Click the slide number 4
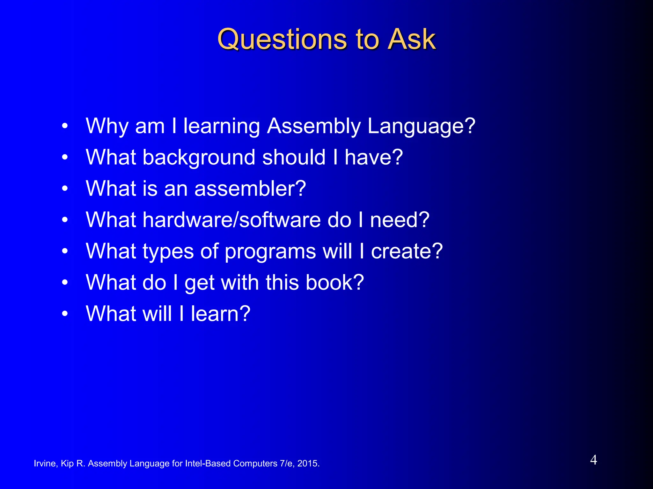pyautogui.click(x=593, y=460)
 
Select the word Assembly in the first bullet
pyautogui.click(x=314, y=126)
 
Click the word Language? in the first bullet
pyautogui.click(x=421, y=126)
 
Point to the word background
pyautogui.click(x=199, y=158)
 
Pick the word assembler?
pyautogui.click(x=250, y=188)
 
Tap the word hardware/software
pyautogui.click(x=231, y=220)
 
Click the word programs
pyautogui.click(x=270, y=252)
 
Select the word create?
pyautogui.click(x=407, y=251)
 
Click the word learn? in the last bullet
pyautogui.click(x=221, y=314)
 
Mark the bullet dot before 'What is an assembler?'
pyautogui.click(x=65, y=189)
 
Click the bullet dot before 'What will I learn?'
pyautogui.click(x=65, y=314)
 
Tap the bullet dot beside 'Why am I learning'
pyautogui.click(x=65, y=126)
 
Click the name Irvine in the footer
pyautogui.click(x=45, y=464)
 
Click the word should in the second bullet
pyautogui.click(x=294, y=158)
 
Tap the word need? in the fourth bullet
pyautogui.click(x=400, y=220)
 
